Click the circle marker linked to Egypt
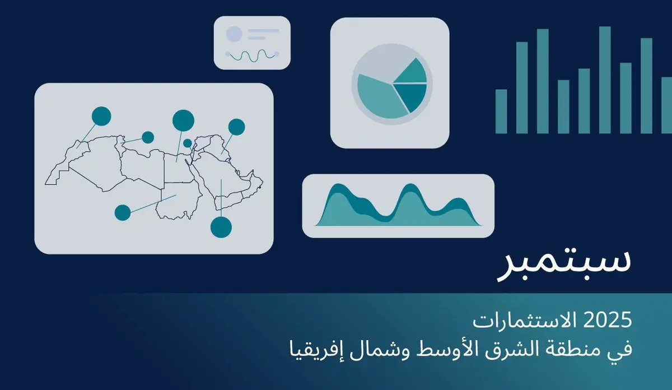coord(183,119)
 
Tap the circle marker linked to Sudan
coord(123,212)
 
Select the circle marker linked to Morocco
coord(101,115)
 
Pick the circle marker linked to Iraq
coord(236,127)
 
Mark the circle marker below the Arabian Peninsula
coord(221,226)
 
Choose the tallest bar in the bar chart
coord(605,80)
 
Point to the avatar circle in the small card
coord(234,34)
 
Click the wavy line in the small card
coord(251,55)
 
